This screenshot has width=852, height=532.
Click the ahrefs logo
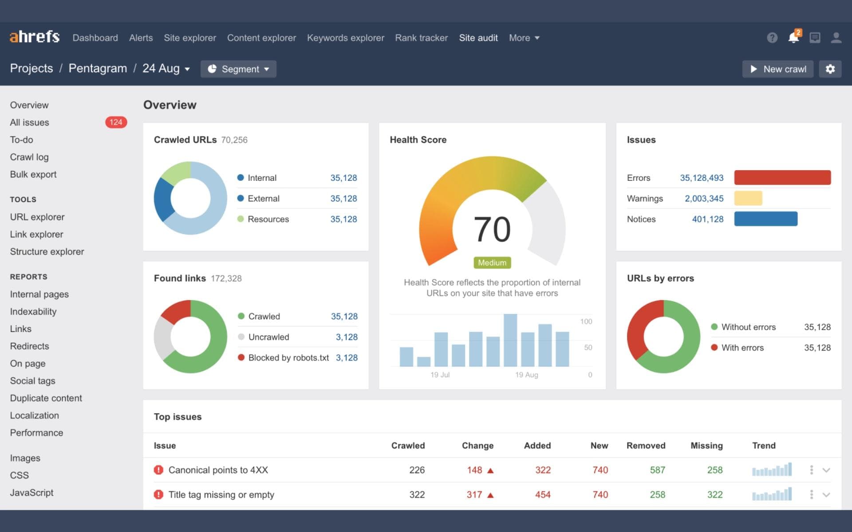35,37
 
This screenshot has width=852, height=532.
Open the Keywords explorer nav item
345,38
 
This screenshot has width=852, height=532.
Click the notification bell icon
793,38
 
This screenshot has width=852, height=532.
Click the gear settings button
830,69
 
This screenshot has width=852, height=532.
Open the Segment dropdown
238,69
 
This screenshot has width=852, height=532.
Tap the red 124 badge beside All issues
116,122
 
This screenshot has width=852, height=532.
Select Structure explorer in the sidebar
47,252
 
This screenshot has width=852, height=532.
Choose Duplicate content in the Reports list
46,398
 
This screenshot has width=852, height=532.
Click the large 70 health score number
492,229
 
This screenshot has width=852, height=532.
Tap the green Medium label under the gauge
492,263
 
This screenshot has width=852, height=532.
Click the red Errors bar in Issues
782,178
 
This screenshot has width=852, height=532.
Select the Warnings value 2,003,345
704,199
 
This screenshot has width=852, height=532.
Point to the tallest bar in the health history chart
510,340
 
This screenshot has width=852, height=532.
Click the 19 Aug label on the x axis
526,375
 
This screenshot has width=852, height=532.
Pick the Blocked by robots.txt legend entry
288,358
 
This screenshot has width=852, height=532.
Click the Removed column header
646,446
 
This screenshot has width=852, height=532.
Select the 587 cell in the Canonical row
657,470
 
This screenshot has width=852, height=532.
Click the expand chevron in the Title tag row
826,495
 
